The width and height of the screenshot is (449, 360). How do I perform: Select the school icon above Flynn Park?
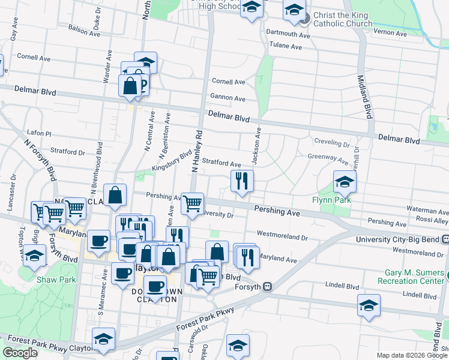(345, 181)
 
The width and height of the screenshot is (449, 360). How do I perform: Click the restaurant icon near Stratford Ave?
(242, 181)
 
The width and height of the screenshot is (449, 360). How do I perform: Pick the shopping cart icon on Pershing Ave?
(192, 205)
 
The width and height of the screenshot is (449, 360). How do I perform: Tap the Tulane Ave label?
(285, 46)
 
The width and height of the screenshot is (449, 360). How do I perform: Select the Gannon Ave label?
(228, 98)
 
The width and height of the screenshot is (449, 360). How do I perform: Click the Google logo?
(20, 353)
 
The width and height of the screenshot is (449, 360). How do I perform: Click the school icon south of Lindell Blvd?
(369, 306)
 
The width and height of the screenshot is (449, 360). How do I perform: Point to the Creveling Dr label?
(332, 144)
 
